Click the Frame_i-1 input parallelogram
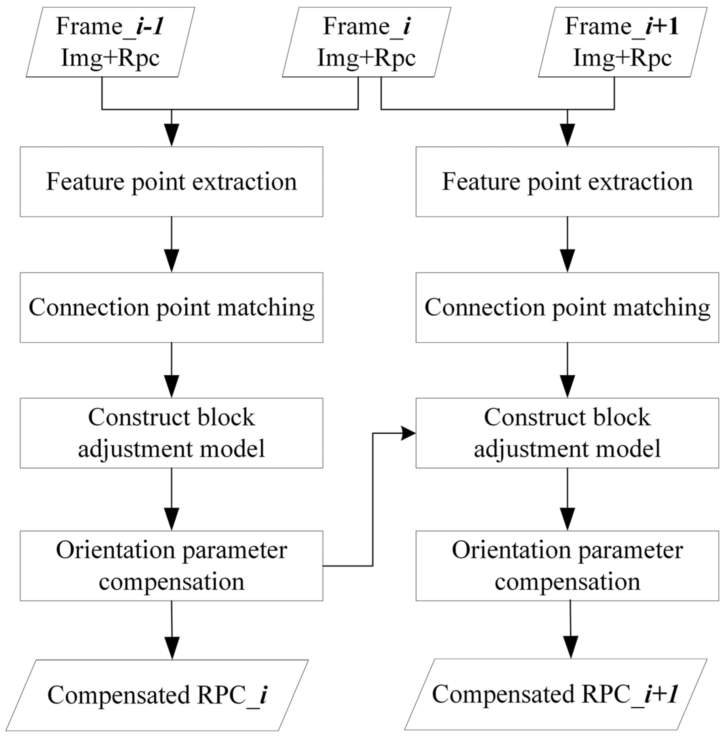click(110, 42)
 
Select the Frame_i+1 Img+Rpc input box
click(622, 42)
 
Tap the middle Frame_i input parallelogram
click(366, 42)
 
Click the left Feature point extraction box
click(171, 182)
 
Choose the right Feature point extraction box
click(567, 182)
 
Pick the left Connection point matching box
click(171, 307)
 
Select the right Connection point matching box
click(567, 307)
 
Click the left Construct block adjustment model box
click(171, 433)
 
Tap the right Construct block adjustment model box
click(567, 433)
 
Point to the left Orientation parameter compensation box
click(171, 566)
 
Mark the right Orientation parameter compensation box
click(567, 566)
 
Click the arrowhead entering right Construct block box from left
click(409, 433)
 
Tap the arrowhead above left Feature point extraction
click(171, 135)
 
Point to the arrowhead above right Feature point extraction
click(568, 135)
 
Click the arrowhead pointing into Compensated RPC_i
click(172, 648)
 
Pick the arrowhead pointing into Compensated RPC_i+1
click(570, 647)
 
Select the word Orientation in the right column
click(511, 550)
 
